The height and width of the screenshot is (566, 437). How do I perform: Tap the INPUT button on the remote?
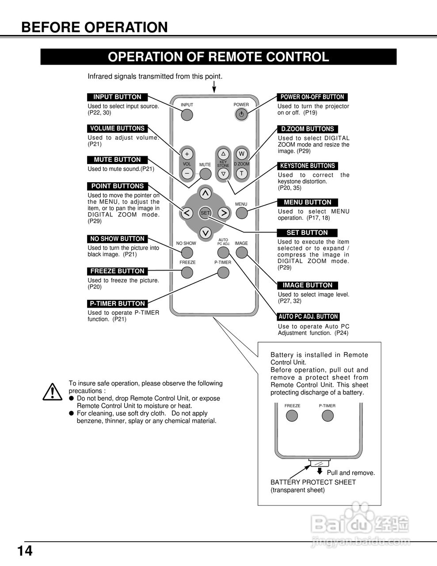(x=187, y=115)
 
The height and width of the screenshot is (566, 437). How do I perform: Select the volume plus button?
(x=187, y=154)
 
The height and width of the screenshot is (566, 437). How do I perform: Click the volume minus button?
(x=187, y=173)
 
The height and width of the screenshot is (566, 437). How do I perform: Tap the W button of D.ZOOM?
(x=241, y=154)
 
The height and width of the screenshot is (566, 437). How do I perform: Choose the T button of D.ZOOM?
(x=241, y=173)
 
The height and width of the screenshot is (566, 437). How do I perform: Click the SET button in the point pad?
(x=205, y=213)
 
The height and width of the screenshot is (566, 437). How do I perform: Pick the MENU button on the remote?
(x=241, y=213)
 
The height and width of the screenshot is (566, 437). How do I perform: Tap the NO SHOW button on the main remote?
(x=187, y=252)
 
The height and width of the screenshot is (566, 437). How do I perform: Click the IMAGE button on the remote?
(x=241, y=252)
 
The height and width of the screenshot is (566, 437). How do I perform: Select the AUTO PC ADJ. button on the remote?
(x=223, y=252)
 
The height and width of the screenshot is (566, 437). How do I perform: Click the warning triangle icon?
(x=52, y=392)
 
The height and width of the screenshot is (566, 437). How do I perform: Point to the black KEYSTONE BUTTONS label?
(x=308, y=166)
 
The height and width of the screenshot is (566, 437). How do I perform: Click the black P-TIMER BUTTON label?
(x=117, y=304)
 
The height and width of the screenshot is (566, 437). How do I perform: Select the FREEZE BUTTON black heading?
(x=117, y=271)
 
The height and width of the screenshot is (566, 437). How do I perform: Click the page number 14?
(x=25, y=551)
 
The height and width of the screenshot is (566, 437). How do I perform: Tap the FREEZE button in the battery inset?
(x=292, y=416)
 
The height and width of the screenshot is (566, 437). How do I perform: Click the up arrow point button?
(x=205, y=193)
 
